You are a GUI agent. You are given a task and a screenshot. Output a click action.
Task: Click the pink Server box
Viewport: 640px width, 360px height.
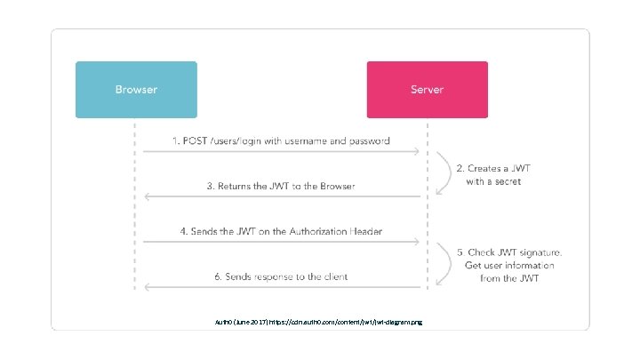(428, 90)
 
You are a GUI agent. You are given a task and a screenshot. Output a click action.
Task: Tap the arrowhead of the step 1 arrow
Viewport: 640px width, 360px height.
(417, 152)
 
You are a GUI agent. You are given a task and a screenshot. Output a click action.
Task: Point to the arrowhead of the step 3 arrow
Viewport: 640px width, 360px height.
(147, 196)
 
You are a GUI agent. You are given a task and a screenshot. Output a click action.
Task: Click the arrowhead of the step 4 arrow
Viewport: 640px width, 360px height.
(417, 242)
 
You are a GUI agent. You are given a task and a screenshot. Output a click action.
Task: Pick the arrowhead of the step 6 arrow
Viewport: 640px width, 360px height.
(147, 287)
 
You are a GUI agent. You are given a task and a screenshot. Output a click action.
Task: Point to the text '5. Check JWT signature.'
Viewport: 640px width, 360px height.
(510, 252)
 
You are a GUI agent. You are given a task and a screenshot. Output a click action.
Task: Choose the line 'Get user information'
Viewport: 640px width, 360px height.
(509, 265)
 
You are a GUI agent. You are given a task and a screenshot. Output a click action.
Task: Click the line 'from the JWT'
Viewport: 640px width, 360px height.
(509, 278)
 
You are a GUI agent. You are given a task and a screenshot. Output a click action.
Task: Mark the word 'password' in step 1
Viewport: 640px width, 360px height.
(368, 141)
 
